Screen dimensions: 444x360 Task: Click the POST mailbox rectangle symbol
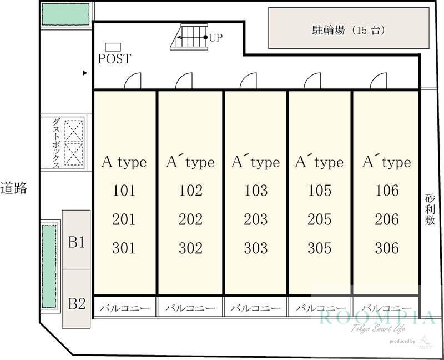click(x=113, y=47)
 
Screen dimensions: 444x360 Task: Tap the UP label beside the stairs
click(x=216, y=37)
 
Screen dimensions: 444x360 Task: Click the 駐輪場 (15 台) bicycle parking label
click(x=349, y=30)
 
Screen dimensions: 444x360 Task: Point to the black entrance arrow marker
click(x=85, y=73)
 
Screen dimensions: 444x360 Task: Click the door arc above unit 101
click(x=133, y=81)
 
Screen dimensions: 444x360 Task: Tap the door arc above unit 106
click(x=379, y=81)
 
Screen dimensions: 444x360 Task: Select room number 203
click(x=256, y=219)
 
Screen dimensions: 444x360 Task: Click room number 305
click(x=320, y=248)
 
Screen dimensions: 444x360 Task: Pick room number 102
click(x=190, y=190)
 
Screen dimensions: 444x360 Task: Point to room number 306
click(x=387, y=248)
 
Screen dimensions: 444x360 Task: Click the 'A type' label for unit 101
click(x=124, y=163)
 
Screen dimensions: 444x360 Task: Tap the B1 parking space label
click(x=77, y=242)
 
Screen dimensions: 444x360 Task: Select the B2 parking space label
click(x=77, y=303)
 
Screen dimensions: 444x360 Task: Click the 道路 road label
click(x=13, y=188)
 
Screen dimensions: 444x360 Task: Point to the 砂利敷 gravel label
click(x=430, y=209)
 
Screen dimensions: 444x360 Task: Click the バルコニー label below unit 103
click(x=255, y=308)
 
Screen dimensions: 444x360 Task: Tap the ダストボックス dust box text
click(x=56, y=143)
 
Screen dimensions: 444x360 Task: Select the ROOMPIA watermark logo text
click(x=377, y=317)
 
